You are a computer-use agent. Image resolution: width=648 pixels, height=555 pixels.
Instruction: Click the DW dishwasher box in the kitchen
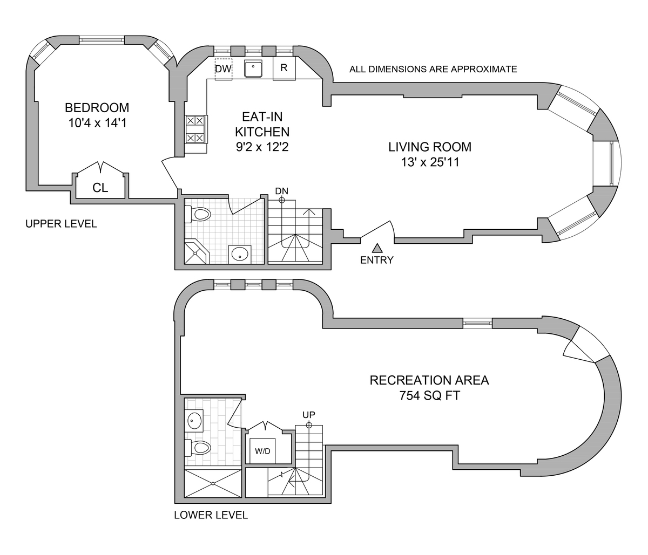(x=223, y=69)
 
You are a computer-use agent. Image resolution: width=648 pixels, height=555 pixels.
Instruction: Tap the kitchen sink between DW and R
(x=253, y=69)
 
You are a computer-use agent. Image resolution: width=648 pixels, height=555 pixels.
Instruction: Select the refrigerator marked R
(x=284, y=69)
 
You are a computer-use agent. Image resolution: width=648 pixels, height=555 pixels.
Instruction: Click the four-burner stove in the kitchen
(x=195, y=129)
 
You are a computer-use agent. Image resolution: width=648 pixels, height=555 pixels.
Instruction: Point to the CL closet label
(x=100, y=188)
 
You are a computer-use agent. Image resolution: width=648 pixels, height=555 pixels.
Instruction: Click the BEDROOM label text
(x=97, y=107)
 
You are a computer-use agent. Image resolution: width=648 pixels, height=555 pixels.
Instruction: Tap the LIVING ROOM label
(x=430, y=147)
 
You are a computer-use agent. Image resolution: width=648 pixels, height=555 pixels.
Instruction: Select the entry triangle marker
(x=377, y=248)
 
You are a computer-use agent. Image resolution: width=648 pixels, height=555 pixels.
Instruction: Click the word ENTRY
(x=377, y=260)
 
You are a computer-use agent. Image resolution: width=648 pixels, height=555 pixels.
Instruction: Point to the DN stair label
(x=281, y=191)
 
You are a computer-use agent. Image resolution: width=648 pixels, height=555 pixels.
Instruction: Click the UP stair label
(x=309, y=415)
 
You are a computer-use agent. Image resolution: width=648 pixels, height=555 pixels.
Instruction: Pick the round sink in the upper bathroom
(x=240, y=253)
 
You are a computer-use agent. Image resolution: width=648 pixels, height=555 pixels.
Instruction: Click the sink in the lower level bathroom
(x=194, y=419)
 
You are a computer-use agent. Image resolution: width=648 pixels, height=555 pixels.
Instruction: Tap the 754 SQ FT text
(x=429, y=396)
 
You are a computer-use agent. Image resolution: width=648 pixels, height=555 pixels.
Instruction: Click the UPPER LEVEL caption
(x=61, y=224)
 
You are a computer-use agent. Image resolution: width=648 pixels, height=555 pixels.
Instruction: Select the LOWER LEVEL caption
(x=211, y=515)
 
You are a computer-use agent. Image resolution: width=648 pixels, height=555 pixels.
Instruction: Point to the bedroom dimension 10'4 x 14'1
(x=97, y=123)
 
